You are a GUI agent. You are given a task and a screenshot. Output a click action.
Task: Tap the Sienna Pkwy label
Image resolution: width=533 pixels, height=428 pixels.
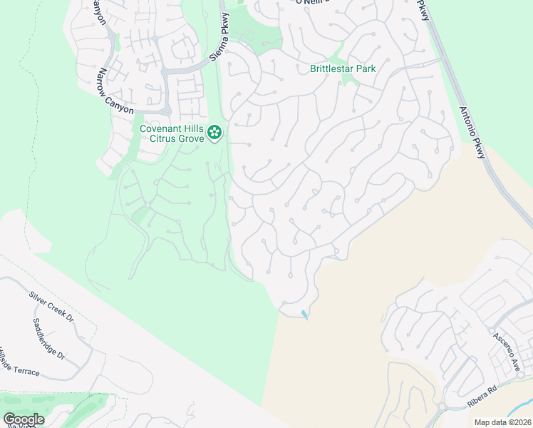(x=217, y=39)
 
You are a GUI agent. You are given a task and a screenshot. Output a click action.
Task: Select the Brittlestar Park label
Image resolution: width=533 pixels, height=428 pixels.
(x=343, y=69)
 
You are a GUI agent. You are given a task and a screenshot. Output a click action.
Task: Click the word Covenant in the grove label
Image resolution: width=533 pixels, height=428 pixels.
(x=163, y=128)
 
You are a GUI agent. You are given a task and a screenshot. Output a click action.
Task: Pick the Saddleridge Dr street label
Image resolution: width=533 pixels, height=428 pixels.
(x=49, y=338)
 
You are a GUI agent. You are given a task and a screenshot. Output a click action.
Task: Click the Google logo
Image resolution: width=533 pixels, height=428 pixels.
(x=24, y=419)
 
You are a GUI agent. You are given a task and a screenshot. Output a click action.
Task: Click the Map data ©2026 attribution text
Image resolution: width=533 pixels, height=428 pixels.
(x=502, y=422)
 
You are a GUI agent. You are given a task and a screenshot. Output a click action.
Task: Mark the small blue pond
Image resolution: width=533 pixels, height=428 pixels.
(x=306, y=314)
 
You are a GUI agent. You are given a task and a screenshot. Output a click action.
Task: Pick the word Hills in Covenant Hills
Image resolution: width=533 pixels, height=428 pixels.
(x=193, y=128)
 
